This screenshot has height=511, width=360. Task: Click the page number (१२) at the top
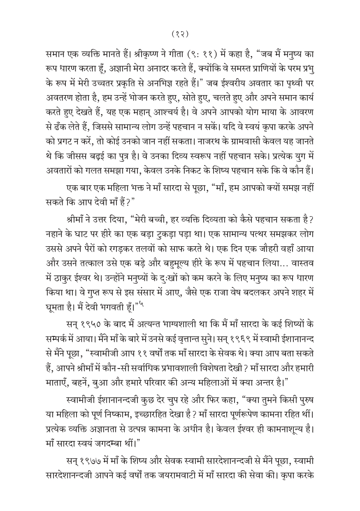[x=180, y=34]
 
